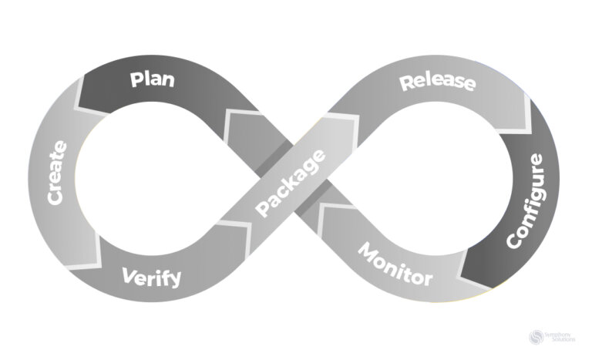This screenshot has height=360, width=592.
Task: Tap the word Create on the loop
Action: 57,172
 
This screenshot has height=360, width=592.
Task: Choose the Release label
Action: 437,82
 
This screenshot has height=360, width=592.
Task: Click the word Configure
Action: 526,200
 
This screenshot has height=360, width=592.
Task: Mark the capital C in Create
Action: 55,197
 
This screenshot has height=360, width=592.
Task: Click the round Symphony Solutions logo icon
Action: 537,337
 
